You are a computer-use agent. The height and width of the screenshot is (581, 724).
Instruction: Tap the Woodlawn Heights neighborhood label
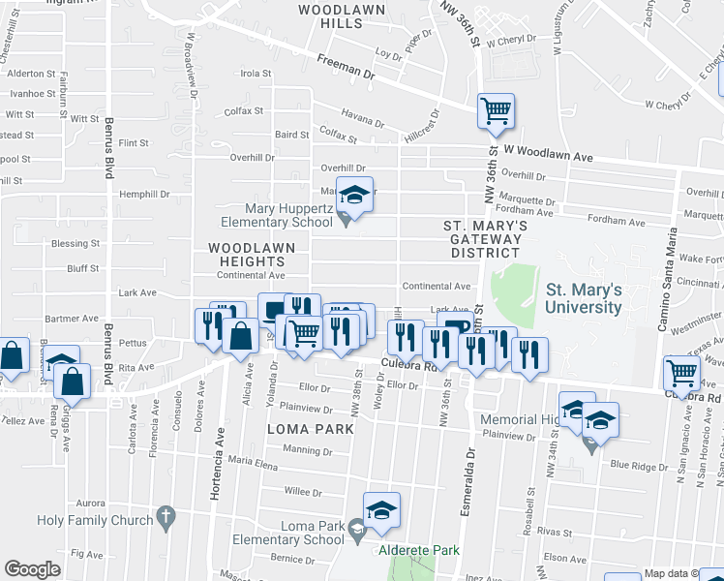click(251, 255)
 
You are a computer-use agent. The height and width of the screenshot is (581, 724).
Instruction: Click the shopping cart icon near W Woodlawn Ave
click(496, 111)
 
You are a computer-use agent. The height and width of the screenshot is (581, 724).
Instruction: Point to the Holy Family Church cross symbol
click(166, 518)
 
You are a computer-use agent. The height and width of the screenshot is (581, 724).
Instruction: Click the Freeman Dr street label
click(345, 67)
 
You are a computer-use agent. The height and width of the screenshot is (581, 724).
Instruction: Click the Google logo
click(32, 568)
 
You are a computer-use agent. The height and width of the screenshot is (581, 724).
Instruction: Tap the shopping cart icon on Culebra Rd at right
click(681, 373)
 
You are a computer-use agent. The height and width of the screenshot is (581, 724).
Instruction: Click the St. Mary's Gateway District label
click(485, 238)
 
